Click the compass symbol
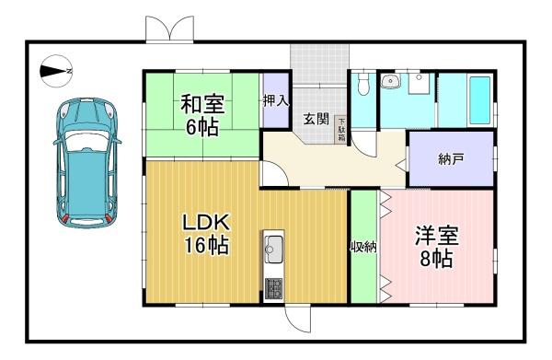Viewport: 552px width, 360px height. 56,71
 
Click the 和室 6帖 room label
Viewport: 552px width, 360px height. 202,115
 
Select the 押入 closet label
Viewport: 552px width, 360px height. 276,101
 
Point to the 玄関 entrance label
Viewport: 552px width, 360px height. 316,119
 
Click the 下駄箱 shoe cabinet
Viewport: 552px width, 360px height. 341,129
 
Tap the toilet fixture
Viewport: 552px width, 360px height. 362,84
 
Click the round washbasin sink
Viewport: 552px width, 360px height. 390,81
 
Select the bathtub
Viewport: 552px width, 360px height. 480,100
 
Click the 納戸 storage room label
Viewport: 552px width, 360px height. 451,159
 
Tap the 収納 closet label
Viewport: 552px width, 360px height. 363,247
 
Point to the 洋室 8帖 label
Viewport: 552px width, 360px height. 436,247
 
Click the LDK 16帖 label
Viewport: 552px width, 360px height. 206,233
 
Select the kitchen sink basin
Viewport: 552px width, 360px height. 273,250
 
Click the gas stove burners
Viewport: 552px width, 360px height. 273,288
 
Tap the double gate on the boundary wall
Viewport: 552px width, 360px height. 169,29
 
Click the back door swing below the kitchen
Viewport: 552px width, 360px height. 298,319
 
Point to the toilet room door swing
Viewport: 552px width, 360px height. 364,144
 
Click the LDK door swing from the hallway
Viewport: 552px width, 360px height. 274,174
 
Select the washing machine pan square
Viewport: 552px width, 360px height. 419,84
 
